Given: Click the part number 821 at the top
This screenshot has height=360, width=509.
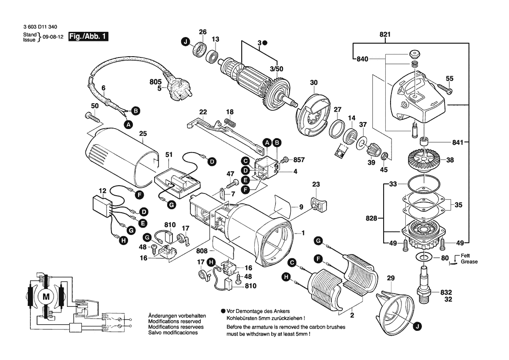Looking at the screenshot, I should click(385, 35).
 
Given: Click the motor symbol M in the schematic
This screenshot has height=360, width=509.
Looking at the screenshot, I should click(46, 297).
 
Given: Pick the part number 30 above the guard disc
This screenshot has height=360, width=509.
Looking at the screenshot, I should click(314, 83).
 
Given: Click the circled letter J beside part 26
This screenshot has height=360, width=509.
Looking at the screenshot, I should click(186, 42).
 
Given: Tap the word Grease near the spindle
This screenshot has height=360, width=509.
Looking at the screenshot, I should click(470, 262).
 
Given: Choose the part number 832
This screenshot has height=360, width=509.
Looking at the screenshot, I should click(446, 292).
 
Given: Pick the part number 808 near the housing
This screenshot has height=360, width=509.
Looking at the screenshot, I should click(202, 251).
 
